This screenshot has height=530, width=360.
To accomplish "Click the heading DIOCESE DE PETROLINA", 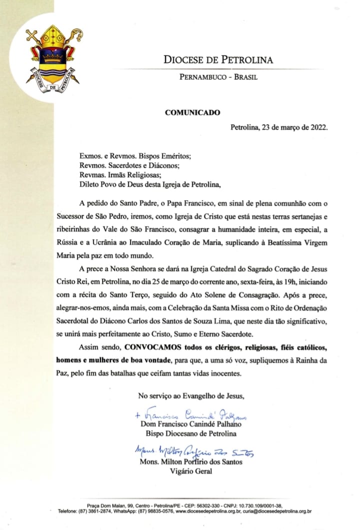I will [218, 60].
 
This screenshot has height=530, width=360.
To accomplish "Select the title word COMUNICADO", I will [192, 112].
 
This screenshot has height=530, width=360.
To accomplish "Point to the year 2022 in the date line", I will [318, 127].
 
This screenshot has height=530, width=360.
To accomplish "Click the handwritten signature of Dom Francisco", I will [192, 415].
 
